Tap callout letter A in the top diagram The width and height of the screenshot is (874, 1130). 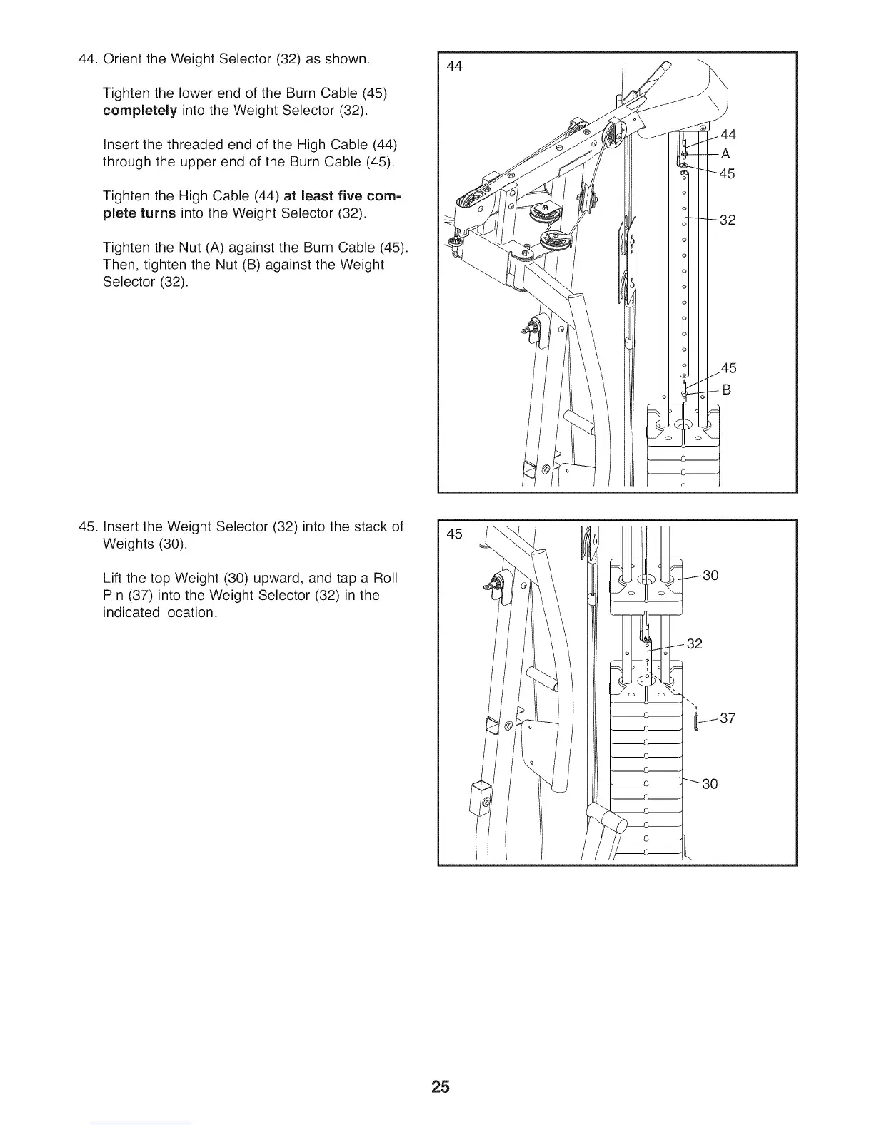point(726,154)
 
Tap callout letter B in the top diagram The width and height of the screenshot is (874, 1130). point(727,390)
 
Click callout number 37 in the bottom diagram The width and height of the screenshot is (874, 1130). point(727,718)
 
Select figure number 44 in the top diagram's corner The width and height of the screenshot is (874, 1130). point(454,66)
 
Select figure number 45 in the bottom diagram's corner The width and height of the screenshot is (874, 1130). point(454,534)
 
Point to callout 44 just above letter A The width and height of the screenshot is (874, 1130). point(728,134)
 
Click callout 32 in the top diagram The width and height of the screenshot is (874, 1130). point(727,220)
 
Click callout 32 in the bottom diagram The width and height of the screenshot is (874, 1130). point(694,644)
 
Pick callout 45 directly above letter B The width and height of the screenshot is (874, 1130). point(728,368)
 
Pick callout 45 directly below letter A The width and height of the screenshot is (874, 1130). point(727,174)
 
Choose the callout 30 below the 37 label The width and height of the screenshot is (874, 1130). point(710,784)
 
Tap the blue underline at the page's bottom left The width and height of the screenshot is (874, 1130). point(142,1124)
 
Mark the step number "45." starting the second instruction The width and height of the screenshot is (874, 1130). point(88,527)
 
